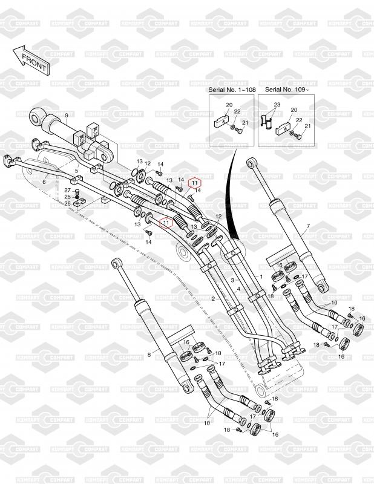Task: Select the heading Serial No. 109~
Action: tap(282, 90)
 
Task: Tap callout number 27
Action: tap(67, 190)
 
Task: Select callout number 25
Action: tap(67, 197)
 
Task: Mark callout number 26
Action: tap(67, 203)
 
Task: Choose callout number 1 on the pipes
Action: tap(261, 276)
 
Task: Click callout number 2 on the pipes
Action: tap(214, 299)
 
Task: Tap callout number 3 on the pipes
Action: tap(232, 281)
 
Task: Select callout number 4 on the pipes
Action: tap(239, 289)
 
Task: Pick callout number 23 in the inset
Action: tap(277, 104)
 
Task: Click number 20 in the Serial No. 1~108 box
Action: tap(228, 105)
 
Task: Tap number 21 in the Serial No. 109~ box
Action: tap(307, 126)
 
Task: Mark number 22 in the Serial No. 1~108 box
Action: tap(237, 111)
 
